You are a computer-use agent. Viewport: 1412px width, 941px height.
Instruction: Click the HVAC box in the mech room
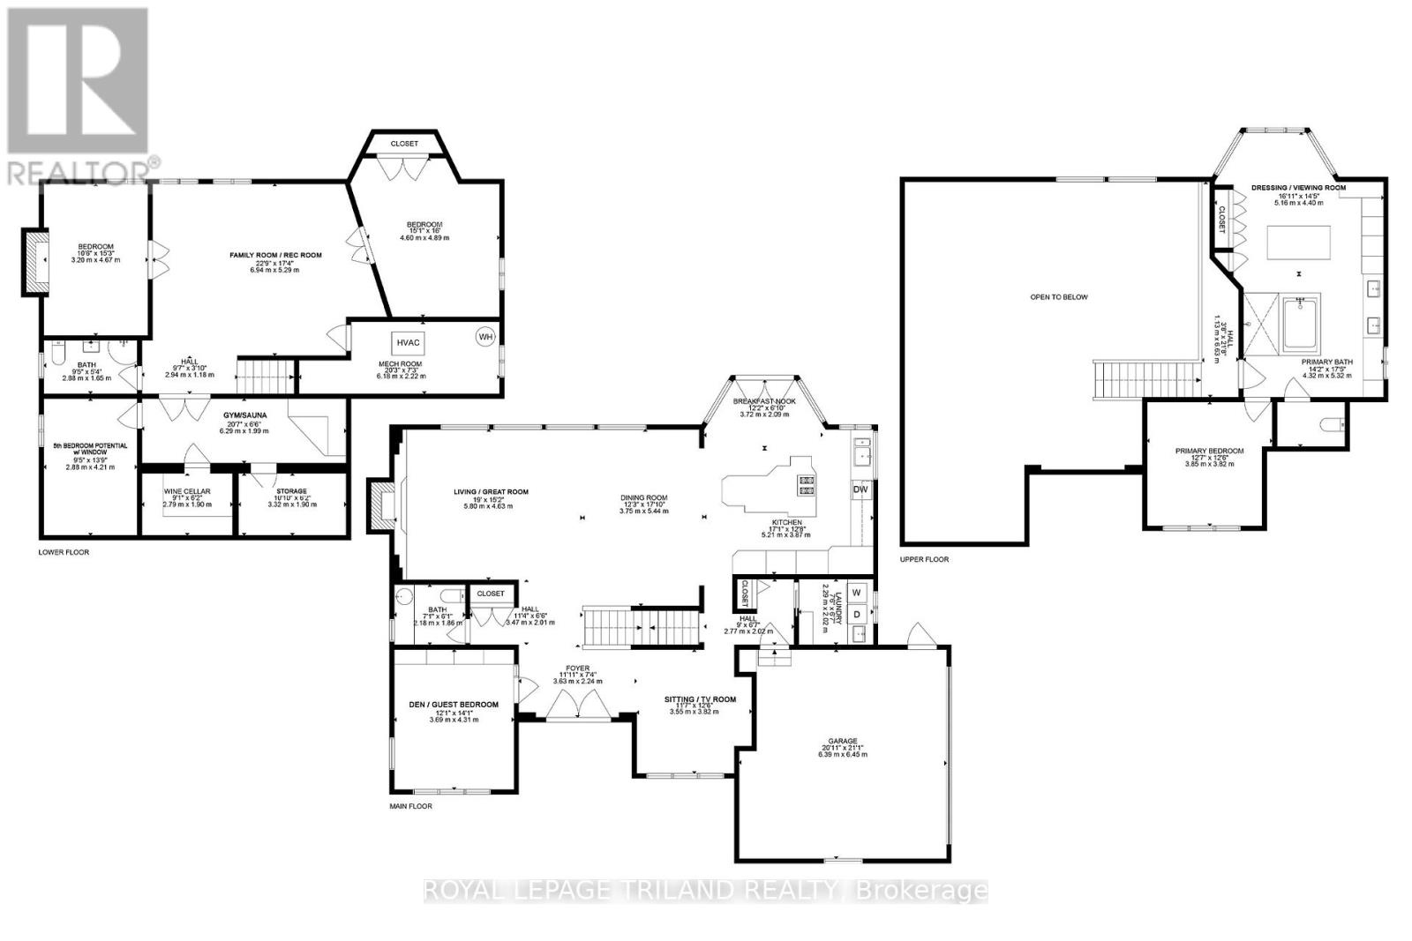(x=409, y=342)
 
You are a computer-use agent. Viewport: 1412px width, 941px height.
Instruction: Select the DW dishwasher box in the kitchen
(x=860, y=489)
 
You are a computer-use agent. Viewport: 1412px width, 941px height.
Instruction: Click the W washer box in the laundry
(x=856, y=593)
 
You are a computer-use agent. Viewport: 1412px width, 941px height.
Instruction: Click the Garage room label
(x=843, y=741)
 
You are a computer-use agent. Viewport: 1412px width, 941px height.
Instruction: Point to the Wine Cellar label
(x=185, y=491)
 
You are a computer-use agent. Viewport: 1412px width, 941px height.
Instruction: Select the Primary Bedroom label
(x=1209, y=451)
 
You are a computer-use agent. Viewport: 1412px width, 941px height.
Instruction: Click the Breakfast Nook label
(x=764, y=401)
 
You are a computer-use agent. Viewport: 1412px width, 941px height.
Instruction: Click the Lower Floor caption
(x=64, y=552)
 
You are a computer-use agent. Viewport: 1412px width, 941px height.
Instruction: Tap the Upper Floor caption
(x=924, y=559)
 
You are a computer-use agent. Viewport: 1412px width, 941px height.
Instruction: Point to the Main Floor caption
(x=411, y=805)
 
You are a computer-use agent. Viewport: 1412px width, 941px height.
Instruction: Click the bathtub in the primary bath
(x=1303, y=325)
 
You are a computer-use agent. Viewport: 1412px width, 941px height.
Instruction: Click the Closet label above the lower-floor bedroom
(x=404, y=144)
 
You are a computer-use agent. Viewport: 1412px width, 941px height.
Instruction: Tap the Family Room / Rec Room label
(x=276, y=255)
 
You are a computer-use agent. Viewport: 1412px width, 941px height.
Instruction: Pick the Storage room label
(x=290, y=491)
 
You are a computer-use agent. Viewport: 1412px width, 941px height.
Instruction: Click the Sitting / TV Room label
(x=700, y=699)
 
